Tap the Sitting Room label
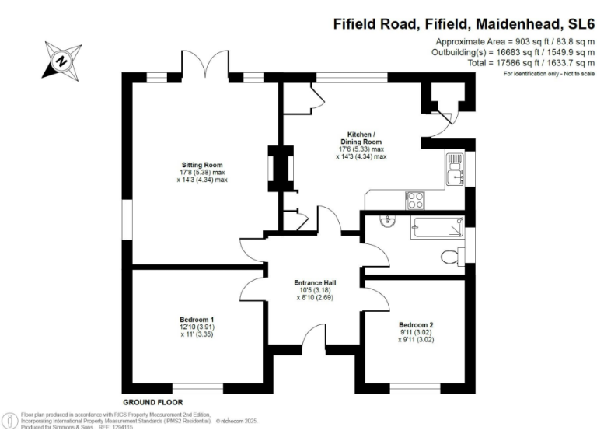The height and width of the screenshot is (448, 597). tap(203, 165)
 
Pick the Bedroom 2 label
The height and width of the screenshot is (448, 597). tap(416, 324)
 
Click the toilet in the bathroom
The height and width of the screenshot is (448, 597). tap(449, 256)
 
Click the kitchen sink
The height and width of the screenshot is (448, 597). tap(455, 170)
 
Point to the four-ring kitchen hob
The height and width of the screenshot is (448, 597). tap(415, 200)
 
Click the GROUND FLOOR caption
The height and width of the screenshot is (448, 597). tap(152, 402)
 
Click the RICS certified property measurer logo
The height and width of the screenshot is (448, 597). tap(10, 420)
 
